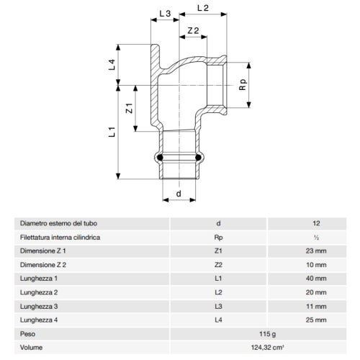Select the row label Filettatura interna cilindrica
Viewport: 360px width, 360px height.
tap(59, 237)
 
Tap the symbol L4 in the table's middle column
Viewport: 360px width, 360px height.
tap(218, 319)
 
